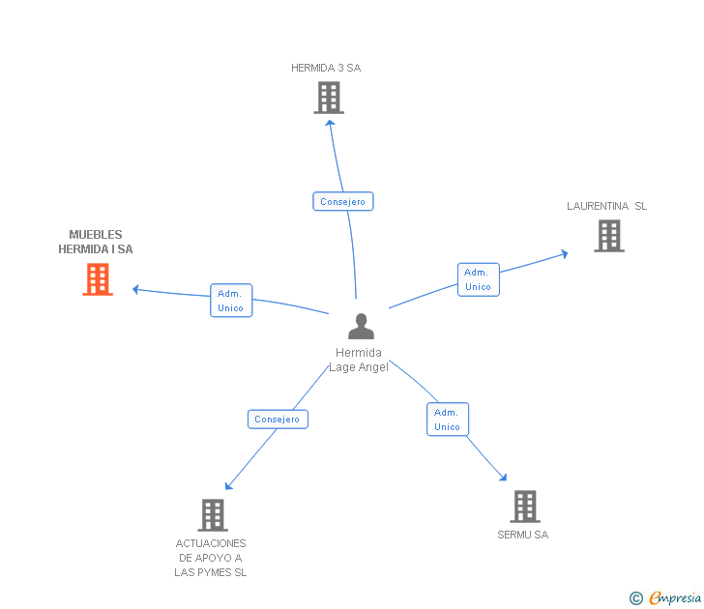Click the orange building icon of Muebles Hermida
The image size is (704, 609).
98,279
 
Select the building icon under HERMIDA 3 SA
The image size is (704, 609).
329,98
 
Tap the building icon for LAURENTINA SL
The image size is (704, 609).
609,236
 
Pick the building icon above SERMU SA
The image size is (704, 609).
525,507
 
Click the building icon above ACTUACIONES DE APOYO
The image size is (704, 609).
213,515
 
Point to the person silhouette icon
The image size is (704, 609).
361,327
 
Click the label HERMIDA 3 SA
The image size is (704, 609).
326,68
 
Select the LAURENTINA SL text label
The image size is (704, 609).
606,206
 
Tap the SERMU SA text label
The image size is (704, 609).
522,535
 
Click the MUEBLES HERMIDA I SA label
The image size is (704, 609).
96,242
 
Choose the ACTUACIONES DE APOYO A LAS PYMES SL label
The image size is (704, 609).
211,558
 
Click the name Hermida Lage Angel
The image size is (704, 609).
358,360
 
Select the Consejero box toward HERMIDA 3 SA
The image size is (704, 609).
343,201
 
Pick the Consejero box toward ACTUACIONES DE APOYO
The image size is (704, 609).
278,420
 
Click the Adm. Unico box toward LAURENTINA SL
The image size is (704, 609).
479,279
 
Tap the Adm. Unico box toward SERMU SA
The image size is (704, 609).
448,420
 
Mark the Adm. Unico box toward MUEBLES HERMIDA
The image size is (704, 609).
231,301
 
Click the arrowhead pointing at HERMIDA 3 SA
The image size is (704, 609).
330,123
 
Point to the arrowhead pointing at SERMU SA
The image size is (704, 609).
503,478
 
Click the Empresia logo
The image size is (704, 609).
665,597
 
